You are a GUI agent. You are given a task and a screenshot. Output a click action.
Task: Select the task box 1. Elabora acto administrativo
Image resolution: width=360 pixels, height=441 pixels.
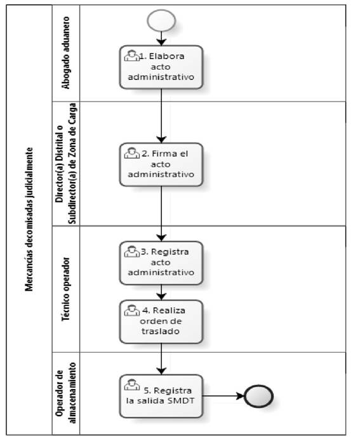(x=161, y=67)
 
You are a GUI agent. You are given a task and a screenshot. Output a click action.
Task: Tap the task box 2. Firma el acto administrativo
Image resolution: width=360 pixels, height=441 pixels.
(x=161, y=164)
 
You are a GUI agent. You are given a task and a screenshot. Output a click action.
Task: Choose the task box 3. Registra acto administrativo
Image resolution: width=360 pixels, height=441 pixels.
(x=161, y=263)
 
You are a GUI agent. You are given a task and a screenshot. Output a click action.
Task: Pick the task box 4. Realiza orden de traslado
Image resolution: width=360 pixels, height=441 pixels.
(x=161, y=322)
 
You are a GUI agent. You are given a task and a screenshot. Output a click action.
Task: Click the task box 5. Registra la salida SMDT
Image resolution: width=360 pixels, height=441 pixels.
(x=161, y=396)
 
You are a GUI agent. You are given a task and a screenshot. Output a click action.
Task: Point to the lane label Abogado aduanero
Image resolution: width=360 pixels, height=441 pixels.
(x=65, y=53)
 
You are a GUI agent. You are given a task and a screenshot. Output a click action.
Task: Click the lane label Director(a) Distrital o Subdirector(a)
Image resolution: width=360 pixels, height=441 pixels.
(x=66, y=164)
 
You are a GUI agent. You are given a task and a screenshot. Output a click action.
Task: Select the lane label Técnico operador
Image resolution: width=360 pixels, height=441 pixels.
(x=65, y=289)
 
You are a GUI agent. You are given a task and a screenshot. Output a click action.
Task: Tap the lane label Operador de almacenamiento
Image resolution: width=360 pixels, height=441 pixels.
(x=66, y=393)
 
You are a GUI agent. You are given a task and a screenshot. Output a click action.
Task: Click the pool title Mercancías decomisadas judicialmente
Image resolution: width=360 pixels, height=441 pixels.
(x=29, y=220)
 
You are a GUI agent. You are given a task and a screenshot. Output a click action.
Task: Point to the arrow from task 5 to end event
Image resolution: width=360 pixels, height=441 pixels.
(x=223, y=396)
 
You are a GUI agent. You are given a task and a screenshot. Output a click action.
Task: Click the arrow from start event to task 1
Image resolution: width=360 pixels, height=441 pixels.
(x=161, y=38)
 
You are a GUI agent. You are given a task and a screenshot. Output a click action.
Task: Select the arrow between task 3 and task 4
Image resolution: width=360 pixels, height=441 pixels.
(x=161, y=293)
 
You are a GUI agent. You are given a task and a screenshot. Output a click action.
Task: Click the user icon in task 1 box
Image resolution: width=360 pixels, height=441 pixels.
(x=131, y=55)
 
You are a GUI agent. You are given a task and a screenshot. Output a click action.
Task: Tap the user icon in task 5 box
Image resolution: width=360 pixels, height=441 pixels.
(x=131, y=385)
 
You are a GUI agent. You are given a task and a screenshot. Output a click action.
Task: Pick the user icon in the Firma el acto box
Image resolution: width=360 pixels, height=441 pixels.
(x=131, y=153)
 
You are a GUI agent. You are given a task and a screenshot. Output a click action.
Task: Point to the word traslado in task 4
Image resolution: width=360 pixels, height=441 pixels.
(x=161, y=331)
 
